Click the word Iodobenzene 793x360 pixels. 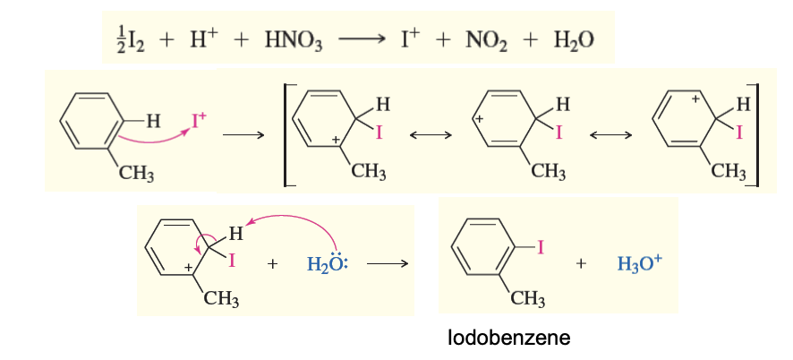coord(509,339)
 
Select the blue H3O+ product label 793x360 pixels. coord(638,264)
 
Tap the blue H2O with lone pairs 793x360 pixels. coord(326,264)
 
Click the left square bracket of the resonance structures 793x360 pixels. coord(286,134)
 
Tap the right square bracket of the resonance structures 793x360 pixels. coord(756,134)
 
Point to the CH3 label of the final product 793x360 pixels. coord(527,299)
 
